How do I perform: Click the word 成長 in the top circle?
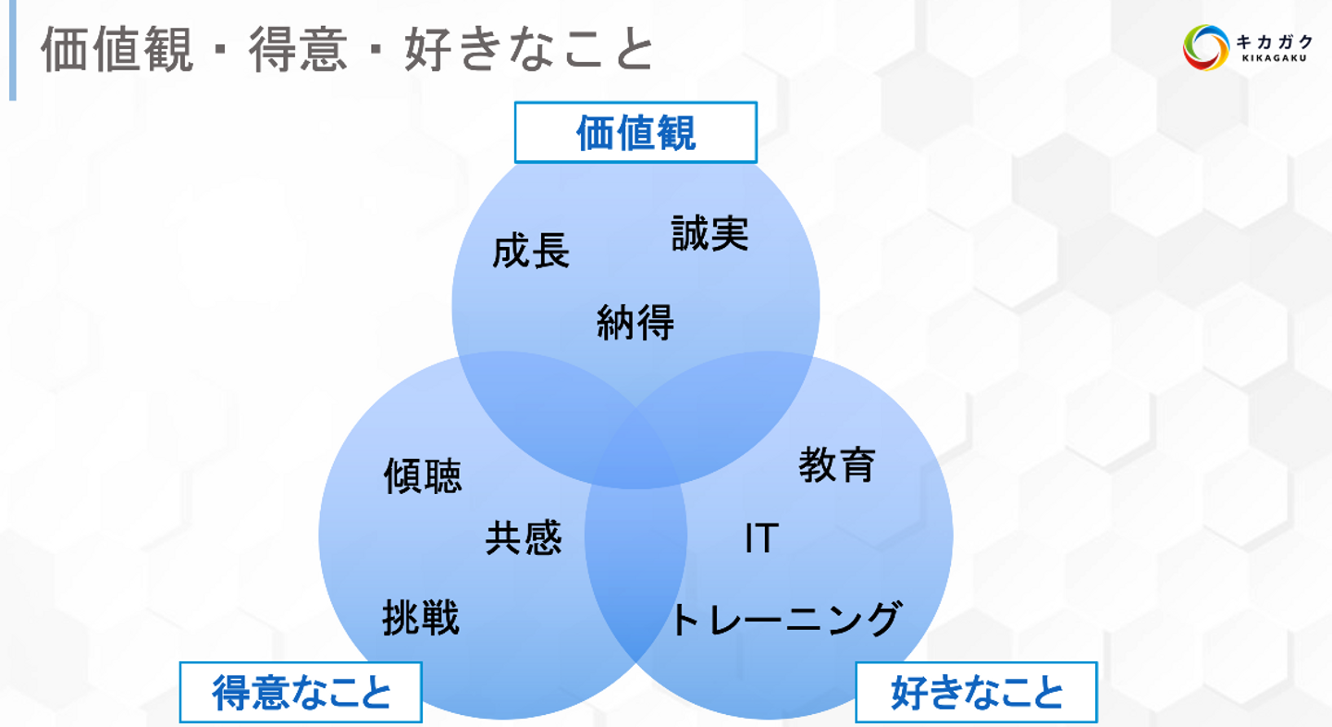531,251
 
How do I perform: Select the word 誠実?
710,233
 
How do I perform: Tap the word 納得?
635,322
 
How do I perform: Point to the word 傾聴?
423,475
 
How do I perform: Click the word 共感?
524,537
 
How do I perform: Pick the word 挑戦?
421,618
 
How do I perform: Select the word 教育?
836,465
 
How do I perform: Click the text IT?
762,538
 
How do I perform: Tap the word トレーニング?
786,619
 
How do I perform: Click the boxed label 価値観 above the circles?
635,132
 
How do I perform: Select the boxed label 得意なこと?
301,693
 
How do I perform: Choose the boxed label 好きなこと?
977,693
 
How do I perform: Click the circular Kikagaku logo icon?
1206,47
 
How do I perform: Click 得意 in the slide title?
298,50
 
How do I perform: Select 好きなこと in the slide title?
529,50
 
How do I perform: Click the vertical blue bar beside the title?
13,50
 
